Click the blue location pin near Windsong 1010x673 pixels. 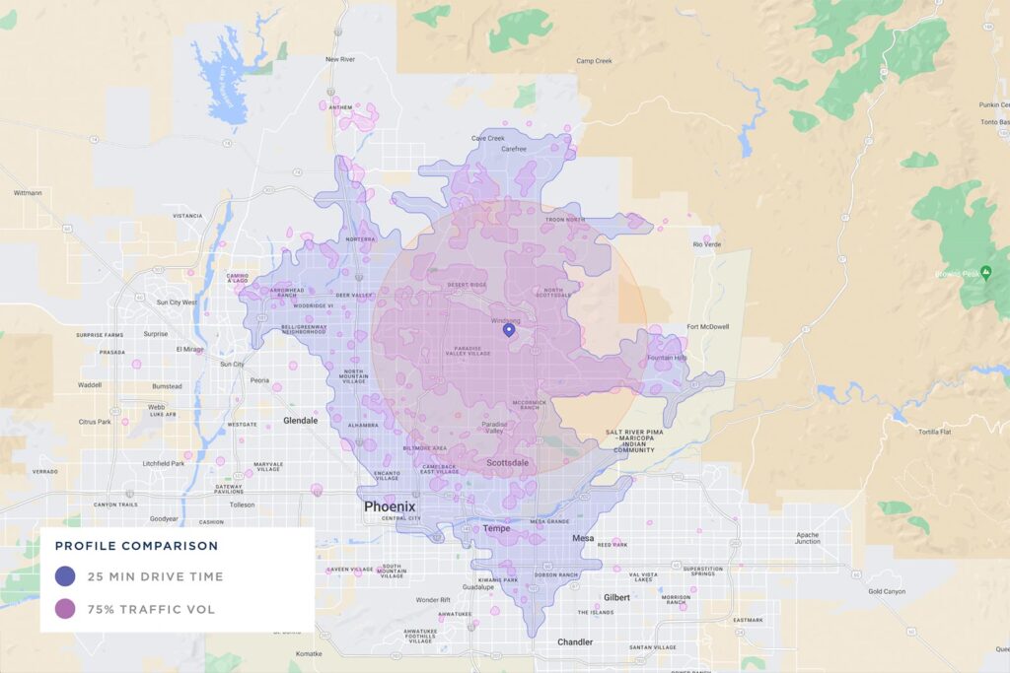tap(509, 330)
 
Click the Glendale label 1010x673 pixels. tap(301, 421)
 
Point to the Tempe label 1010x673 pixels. tap(496, 529)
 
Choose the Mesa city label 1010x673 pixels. tap(583, 539)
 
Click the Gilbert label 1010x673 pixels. tap(617, 598)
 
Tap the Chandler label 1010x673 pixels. tap(575, 642)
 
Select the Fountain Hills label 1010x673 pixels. tap(667, 358)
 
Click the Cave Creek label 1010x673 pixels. tap(488, 138)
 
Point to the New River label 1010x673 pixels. tap(339, 59)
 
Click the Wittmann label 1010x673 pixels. tap(27, 193)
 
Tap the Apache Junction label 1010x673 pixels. tap(807, 537)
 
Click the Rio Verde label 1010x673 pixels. tap(709, 243)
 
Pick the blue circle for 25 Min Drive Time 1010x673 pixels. tap(66, 576)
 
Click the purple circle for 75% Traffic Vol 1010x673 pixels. tap(66, 609)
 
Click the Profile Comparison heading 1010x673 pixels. tap(136, 546)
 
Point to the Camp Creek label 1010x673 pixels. tap(594, 61)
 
